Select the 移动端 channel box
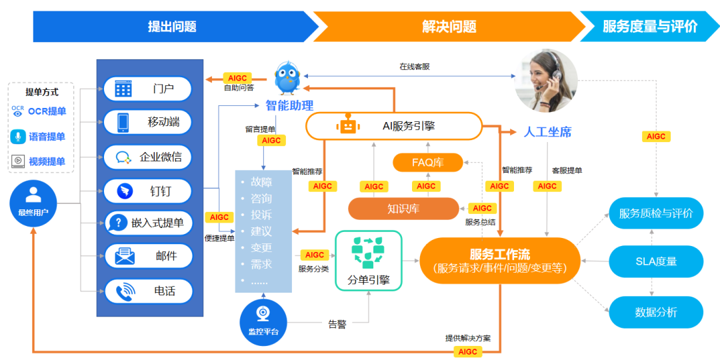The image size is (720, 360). (148, 123)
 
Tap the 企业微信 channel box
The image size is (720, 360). (148, 157)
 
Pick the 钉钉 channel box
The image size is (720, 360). (148, 191)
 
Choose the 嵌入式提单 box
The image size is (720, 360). (148, 223)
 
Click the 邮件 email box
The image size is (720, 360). (148, 255)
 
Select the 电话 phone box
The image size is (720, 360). (148, 291)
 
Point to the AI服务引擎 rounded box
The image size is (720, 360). (393, 125)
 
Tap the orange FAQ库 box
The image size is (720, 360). (427, 162)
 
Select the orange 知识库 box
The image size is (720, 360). (403, 209)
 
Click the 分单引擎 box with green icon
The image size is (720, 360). (368, 261)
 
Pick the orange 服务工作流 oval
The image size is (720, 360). (500, 261)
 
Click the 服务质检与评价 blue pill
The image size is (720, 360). (656, 213)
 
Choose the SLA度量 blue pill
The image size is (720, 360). (656, 261)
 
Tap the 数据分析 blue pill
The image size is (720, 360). (656, 311)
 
